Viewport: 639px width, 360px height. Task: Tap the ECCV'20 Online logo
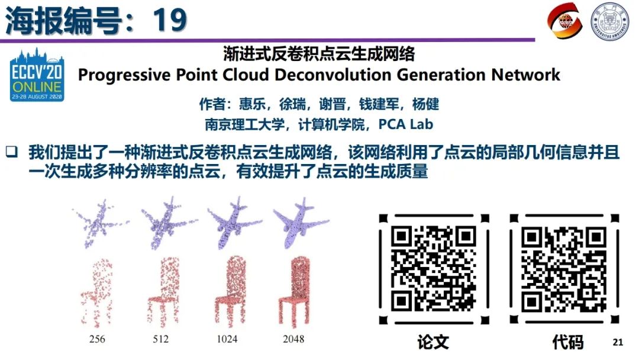click(x=37, y=76)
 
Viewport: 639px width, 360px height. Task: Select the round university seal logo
click(x=610, y=22)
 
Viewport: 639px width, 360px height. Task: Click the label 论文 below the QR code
click(x=433, y=342)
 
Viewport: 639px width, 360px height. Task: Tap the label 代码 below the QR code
click(x=567, y=342)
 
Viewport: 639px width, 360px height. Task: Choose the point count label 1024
click(x=227, y=339)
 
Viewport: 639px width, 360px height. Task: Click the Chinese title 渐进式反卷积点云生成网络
click(x=319, y=54)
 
